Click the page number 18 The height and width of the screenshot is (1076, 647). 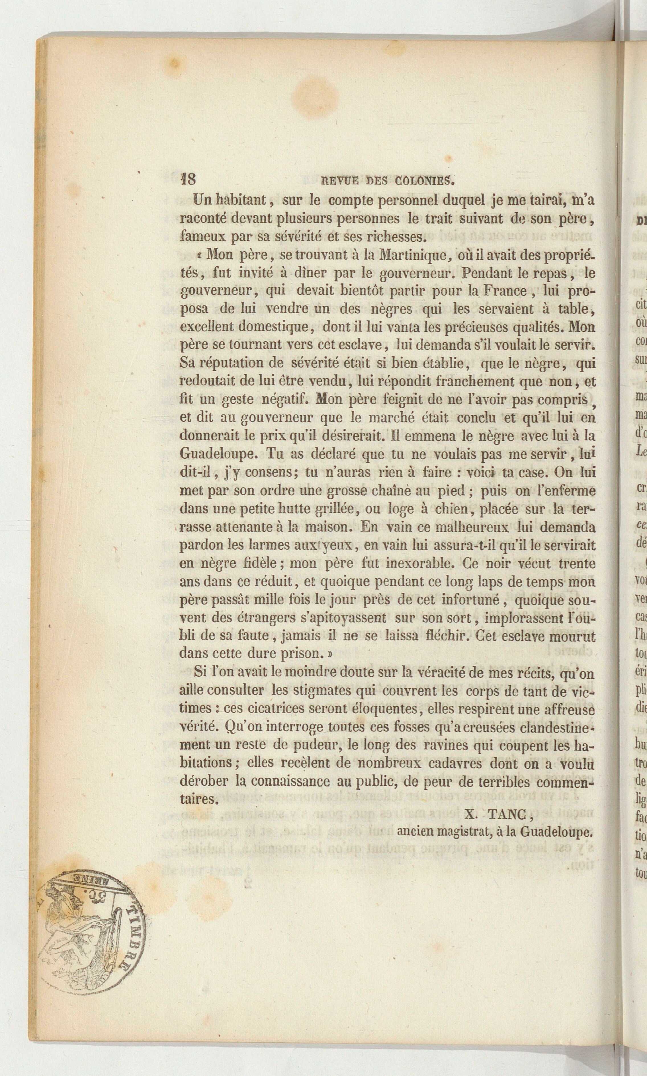tap(188, 180)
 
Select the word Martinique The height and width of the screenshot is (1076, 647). tap(411, 254)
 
